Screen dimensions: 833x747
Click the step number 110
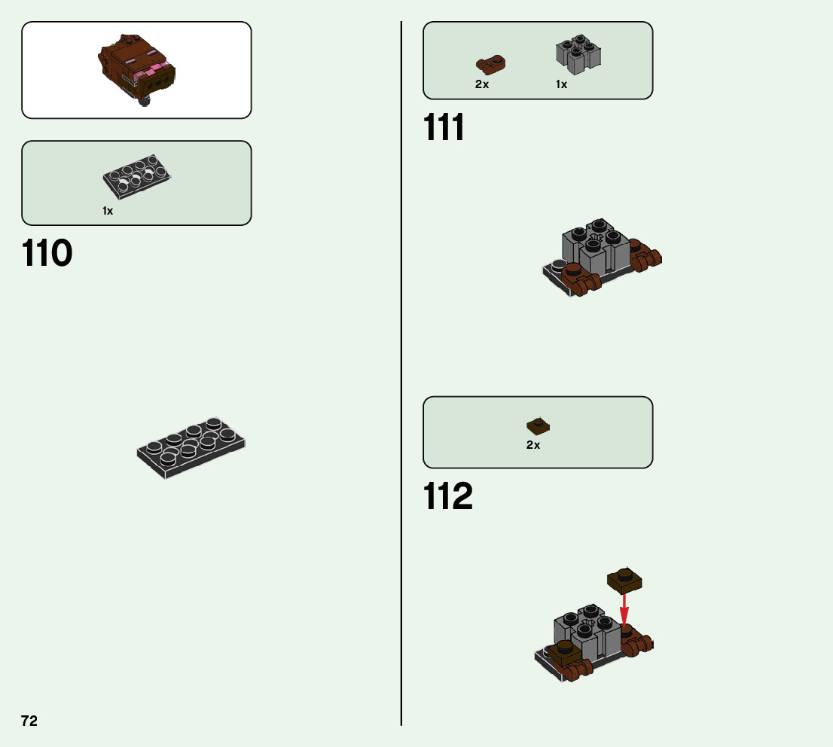[47, 254]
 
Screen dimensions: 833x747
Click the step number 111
[444, 128]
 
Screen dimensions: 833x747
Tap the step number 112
[448, 497]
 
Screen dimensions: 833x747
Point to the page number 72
[29, 721]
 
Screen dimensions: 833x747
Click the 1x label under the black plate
[108, 212]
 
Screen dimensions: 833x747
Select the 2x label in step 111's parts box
[482, 85]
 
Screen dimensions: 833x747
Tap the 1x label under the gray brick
[561, 85]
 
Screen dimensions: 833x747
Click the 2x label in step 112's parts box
[533, 445]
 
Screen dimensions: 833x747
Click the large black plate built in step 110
[191, 447]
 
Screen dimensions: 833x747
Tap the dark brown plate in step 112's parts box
[538, 425]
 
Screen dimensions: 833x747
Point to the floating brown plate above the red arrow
[625, 580]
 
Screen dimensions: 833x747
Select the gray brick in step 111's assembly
[595, 248]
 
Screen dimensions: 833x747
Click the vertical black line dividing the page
[401, 377]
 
